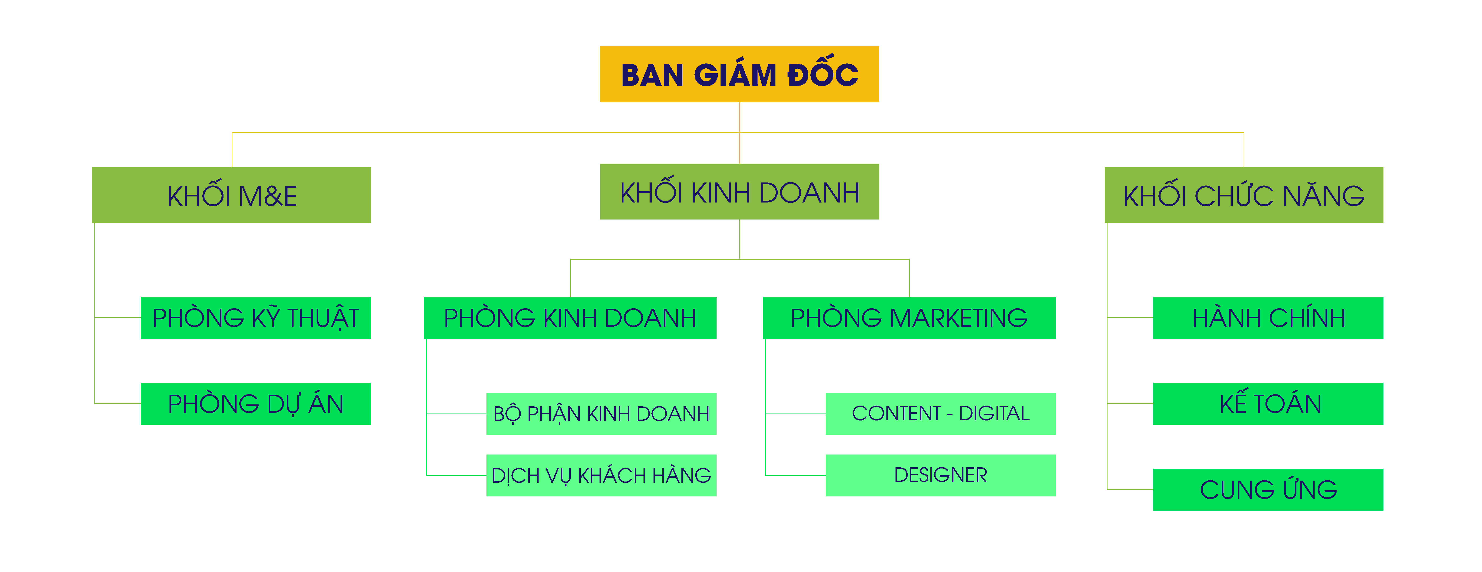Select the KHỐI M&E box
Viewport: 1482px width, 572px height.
[x=231, y=195]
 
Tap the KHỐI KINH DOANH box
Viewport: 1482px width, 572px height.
[x=739, y=192]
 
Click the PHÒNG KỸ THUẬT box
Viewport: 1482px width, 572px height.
[x=255, y=318]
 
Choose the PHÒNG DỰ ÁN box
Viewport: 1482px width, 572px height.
[x=255, y=403]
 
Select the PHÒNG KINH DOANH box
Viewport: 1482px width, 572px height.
[x=570, y=318]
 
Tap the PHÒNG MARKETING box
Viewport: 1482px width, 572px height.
[x=909, y=318]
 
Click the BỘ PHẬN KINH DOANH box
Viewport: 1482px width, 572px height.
[x=601, y=414]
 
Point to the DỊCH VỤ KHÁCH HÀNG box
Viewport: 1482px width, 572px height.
[x=601, y=475]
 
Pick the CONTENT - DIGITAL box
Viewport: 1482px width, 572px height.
[x=941, y=414]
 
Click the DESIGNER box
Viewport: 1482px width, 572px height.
[x=941, y=475]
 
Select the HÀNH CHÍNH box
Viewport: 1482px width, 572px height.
[x=1268, y=318]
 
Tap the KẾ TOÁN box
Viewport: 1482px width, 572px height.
[x=1268, y=403]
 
